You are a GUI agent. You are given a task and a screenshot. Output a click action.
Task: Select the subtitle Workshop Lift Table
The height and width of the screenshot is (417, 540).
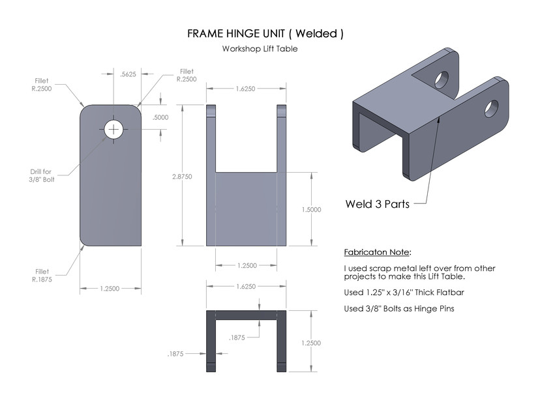pyautogui.click(x=260, y=49)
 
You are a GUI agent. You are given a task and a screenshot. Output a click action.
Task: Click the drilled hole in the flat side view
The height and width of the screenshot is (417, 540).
pyautogui.click(x=115, y=129)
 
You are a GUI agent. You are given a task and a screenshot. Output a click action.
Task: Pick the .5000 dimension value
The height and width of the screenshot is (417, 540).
pyautogui.click(x=160, y=118)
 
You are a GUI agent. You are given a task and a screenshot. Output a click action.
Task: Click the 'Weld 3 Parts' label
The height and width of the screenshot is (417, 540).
pyautogui.click(x=377, y=204)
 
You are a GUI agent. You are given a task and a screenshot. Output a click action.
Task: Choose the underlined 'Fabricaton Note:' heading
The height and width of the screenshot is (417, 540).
pyautogui.click(x=378, y=252)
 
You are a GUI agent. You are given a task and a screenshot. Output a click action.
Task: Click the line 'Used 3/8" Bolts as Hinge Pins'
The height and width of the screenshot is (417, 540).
pyautogui.click(x=398, y=309)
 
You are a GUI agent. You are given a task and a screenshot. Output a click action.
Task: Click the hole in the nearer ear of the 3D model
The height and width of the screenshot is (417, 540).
pyautogui.click(x=491, y=108)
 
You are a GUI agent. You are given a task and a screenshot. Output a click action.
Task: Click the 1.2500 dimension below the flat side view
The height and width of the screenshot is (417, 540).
pyautogui.click(x=110, y=289)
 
